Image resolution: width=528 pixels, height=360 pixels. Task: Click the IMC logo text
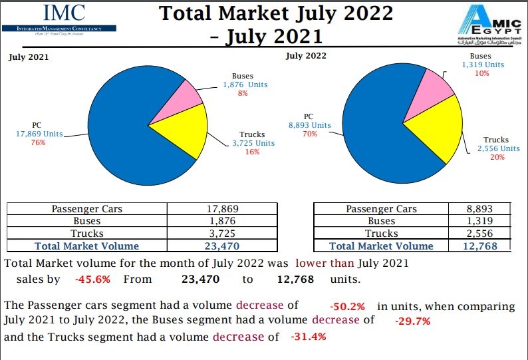[x=65, y=13]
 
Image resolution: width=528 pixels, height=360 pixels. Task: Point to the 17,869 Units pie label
[x=39, y=134]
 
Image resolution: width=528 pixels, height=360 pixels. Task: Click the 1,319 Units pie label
[x=483, y=65]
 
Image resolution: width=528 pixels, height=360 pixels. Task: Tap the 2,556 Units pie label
[x=499, y=148]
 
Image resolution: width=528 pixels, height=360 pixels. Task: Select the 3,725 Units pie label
[x=253, y=143]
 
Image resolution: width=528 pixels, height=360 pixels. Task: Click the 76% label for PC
[x=38, y=143]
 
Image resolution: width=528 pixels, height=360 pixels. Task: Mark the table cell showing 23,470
[x=222, y=246]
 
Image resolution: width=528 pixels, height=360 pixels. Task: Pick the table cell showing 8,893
[x=479, y=208]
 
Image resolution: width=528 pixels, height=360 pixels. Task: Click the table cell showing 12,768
[x=479, y=246]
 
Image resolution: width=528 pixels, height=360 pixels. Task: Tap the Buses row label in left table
[x=86, y=221]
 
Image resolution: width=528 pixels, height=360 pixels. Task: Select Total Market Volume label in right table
[x=381, y=246]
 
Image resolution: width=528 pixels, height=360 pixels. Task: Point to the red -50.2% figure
[x=348, y=307]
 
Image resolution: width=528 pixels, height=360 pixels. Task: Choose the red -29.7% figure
[x=413, y=321]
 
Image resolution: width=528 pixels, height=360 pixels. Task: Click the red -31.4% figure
[x=308, y=337]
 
